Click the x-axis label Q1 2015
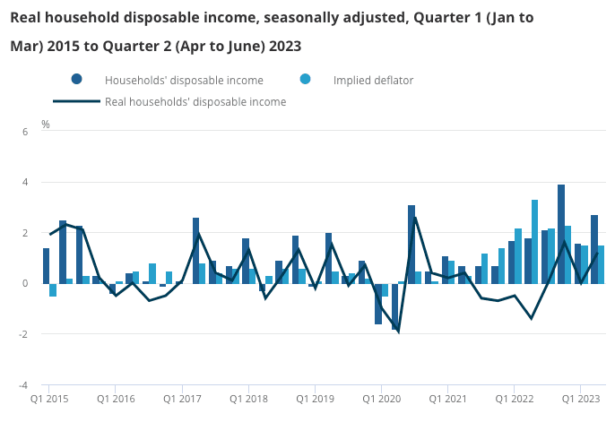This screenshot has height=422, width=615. click(49, 398)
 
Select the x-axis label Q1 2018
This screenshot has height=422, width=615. click(249, 398)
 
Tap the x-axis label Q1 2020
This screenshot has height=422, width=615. click(382, 398)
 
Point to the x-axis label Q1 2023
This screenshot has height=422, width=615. click(581, 398)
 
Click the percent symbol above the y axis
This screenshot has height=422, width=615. click(46, 125)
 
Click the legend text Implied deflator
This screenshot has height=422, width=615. click(373, 80)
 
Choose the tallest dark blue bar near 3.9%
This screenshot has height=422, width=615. click(561, 234)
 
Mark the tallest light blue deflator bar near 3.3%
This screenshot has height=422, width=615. click(535, 242)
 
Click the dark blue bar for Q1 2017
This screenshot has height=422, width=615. click(195, 251)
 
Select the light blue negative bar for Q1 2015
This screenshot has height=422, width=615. click(53, 289)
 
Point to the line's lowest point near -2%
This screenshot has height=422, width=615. click(398, 332)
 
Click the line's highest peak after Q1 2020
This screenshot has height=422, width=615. click(415, 218)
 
